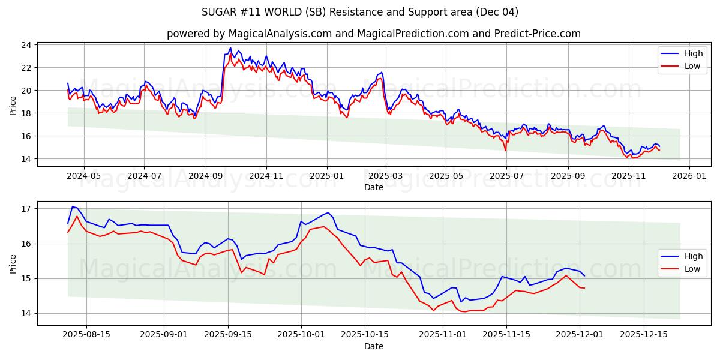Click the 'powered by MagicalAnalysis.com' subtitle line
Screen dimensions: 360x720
click(373, 34)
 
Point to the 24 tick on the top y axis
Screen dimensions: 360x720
click(26, 45)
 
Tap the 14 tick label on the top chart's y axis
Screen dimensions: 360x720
click(26, 159)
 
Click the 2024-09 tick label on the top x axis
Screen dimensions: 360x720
click(205, 176)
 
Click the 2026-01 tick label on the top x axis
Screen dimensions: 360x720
click(689, 176)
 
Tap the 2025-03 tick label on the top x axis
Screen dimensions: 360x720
click(386, 176)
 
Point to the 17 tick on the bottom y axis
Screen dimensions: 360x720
click(26, 209)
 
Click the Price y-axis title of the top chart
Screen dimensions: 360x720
click(13, 105)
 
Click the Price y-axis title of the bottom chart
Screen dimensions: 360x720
click(13, 263)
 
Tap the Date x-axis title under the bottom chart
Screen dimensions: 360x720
click(373, 346)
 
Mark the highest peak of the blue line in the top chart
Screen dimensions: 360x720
click(230, 48)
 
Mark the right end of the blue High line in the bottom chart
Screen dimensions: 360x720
click(584, 276)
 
